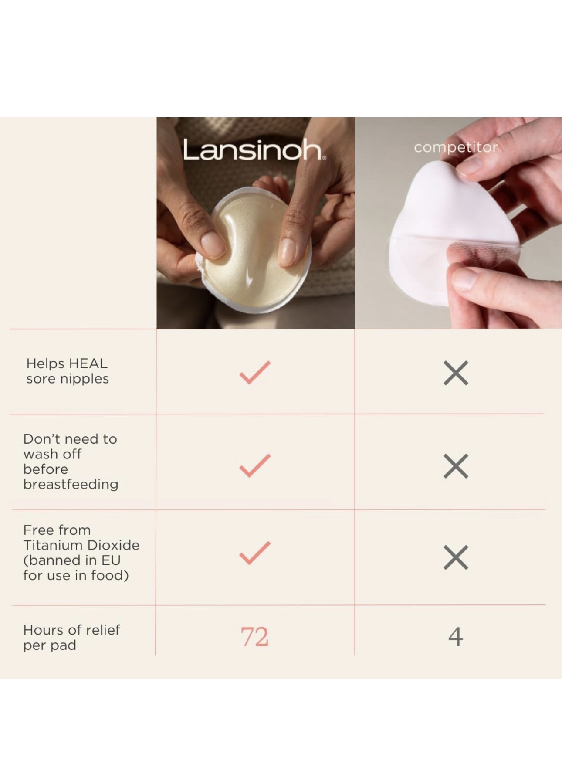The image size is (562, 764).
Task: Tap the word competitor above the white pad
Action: [455, 147]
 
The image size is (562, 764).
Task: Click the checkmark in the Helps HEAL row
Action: [255, 373]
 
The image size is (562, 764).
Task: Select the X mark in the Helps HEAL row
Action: [456, 373]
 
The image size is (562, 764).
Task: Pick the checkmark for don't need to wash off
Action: [255, 465]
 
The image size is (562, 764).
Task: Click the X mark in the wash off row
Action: [456, 466]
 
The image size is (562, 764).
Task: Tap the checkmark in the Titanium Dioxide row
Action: [255, 553]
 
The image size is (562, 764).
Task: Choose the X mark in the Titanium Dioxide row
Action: [456, 557]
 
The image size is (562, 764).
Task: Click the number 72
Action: [254, 637]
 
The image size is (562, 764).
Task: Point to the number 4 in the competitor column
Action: [455, 637]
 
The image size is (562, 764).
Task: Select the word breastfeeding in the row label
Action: [71, 484]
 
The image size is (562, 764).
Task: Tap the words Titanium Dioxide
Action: [81, 545]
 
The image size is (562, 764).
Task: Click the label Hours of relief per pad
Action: [71, 637]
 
